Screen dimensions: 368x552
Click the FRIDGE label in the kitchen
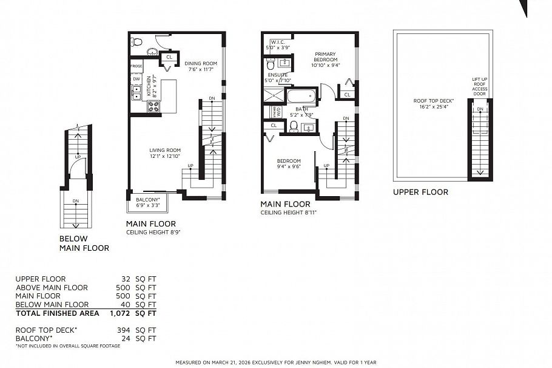click(136, 65)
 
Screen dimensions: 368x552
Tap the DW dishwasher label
click(136, 79)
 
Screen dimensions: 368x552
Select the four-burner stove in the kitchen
click(153, 106)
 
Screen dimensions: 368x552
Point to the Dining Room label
click(201, 63)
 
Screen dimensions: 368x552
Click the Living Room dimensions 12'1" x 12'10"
click(166, 157)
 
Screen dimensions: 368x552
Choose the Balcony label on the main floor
click(148, 199)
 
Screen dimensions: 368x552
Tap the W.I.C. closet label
click(275, 42)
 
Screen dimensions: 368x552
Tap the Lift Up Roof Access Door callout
click(479, 86)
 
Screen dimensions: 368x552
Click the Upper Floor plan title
click(420, 192)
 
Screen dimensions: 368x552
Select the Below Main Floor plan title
click(84, 243)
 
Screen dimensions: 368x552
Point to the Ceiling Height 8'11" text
click(289, 213)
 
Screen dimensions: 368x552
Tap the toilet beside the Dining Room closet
click(136, 42)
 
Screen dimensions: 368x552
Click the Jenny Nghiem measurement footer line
click(276, 363)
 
